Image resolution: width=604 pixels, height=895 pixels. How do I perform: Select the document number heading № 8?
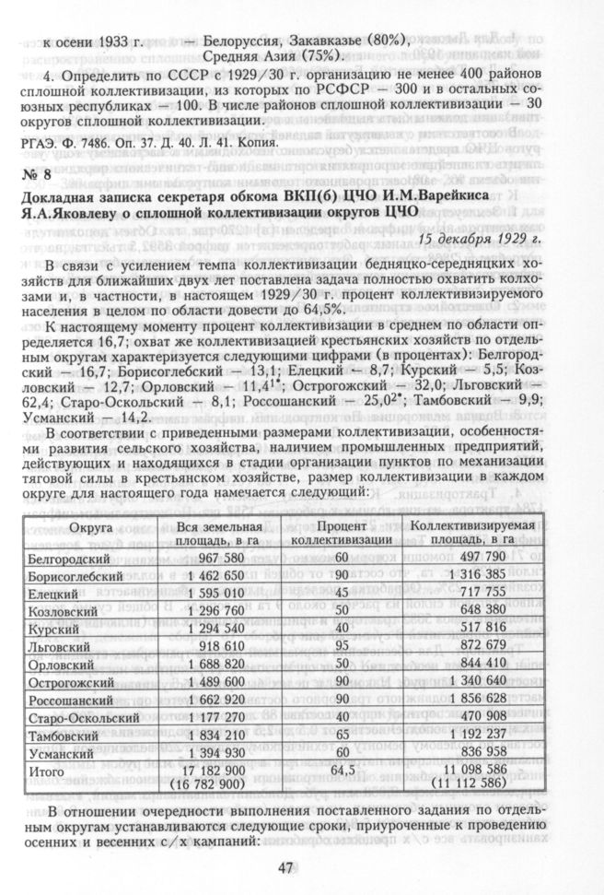[39, 175]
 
